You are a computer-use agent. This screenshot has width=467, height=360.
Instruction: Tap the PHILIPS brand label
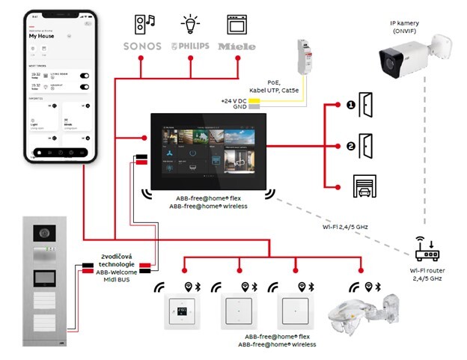click(x=189, y=46)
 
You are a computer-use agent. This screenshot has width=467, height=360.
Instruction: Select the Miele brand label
click(x=236, y=46)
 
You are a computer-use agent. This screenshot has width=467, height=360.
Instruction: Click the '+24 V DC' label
click(x=233, y=100)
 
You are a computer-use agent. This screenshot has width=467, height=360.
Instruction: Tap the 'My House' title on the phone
click(x=42, y=36)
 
